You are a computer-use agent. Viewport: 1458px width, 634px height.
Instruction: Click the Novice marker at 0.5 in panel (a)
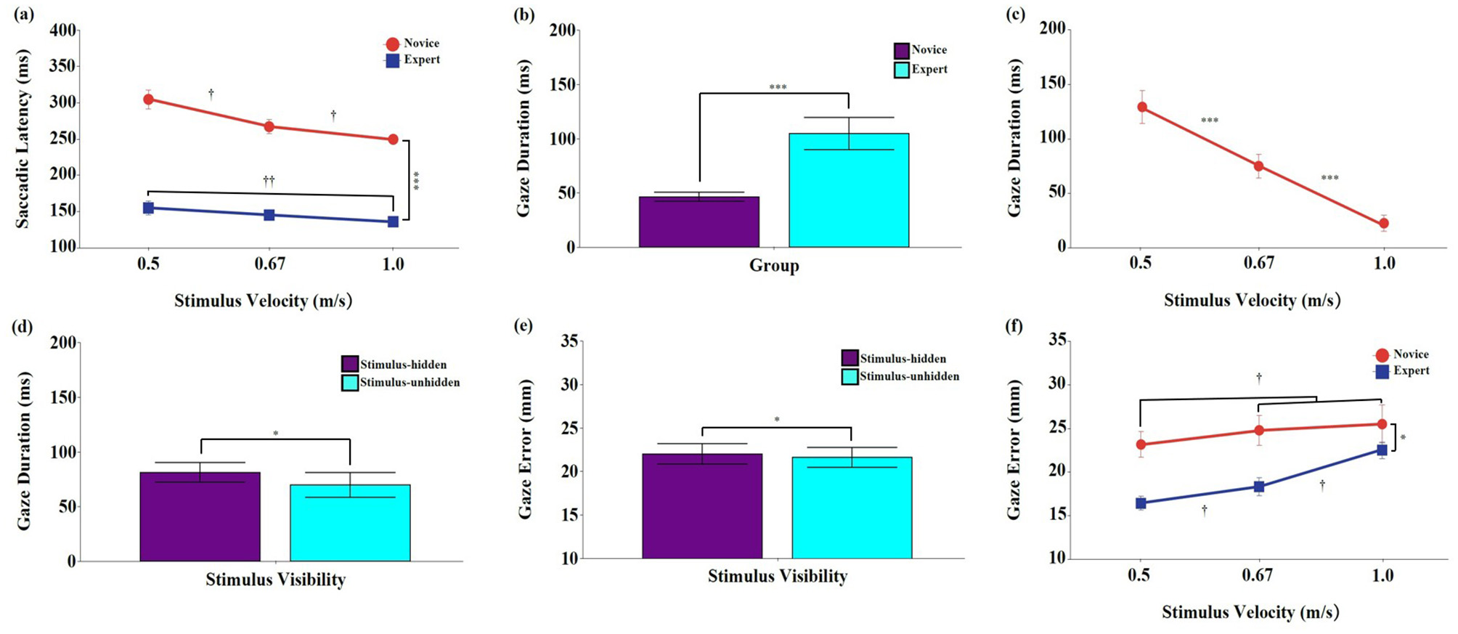pos(148,99)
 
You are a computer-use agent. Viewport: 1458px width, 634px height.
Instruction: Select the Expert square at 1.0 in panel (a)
pos(393,222)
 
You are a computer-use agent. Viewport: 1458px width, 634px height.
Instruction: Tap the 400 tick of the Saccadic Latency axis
pos(63,31)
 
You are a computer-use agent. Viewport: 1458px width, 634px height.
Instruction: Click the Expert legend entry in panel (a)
pos(412,60)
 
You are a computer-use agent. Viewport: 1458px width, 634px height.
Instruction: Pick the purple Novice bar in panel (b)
pos(699,222)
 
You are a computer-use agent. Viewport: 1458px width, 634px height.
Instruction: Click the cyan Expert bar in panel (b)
pos(848,190)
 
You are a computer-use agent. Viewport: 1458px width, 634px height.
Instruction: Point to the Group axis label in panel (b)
pos(774,266)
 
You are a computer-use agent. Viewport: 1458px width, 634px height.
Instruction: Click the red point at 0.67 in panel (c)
pos(1258,166)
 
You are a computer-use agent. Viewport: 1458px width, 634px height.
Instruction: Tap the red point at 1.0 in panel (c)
pos(1384,224)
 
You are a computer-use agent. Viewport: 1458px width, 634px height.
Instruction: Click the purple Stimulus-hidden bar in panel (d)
pos(200,516)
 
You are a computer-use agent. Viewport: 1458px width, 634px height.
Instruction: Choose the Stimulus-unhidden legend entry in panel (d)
pos(401,383)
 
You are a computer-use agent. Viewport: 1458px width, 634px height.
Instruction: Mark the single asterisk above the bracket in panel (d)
pos(276,434)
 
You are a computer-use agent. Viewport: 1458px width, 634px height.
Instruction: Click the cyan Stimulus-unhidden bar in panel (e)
pos(852,508)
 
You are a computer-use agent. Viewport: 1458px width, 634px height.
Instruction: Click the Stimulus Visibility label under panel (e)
pos(778,577)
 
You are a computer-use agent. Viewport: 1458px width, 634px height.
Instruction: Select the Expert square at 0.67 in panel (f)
pos(1258,487)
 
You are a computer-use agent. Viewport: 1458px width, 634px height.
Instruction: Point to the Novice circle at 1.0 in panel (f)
pos(1382,424)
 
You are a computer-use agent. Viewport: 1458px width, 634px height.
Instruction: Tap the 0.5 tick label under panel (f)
pos(1139,576)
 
